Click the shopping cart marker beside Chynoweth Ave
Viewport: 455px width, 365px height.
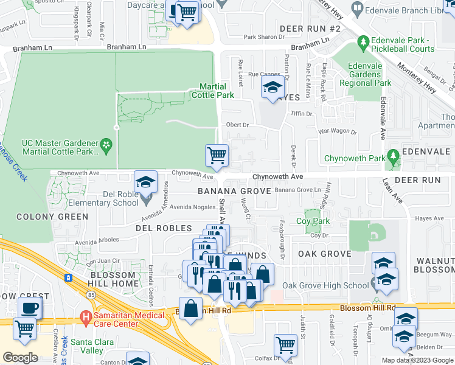(x=217, y=156)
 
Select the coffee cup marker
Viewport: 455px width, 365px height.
(x=29, y=307)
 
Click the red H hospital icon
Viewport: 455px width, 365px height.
(x=86, y=318)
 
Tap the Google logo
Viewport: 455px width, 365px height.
(x=20, y=358)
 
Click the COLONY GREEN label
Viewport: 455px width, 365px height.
(x=52, y=217)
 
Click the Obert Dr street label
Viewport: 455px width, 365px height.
(x=238, y=125)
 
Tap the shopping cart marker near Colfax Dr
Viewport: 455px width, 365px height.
(x=284, y=345)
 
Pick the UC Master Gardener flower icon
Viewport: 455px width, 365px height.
(x=107, y=145)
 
